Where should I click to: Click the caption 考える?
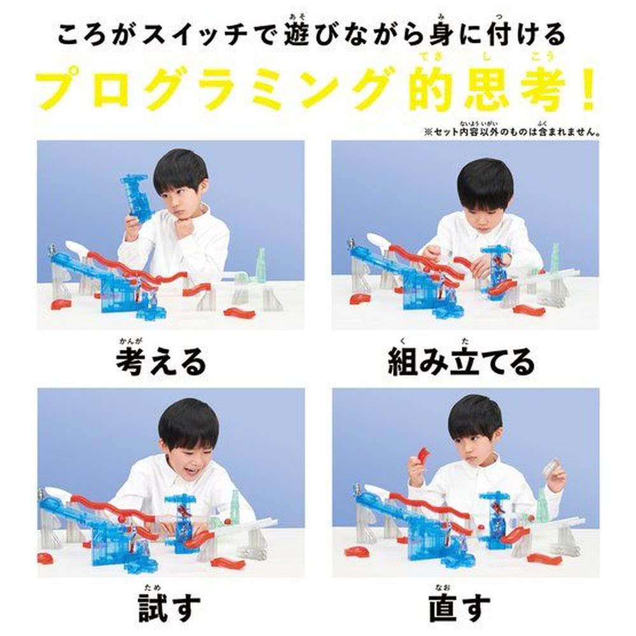click(x=161, y=362)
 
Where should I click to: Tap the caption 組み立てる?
click(x=461, y=362)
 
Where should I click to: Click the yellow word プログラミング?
click(x=214, y=90)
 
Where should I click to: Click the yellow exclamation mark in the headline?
click(x=587, y=90)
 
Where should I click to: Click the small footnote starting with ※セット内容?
click(x=512, y=132)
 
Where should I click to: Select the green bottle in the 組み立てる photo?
click(x=554, y=258)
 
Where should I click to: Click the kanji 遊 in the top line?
click(x=296, y=34)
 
